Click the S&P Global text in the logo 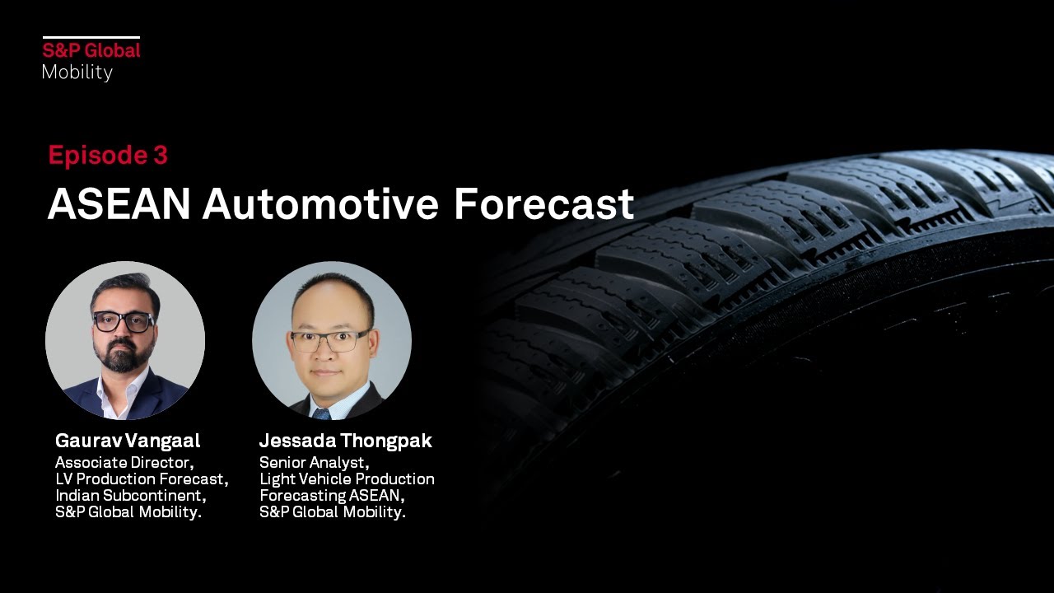91,50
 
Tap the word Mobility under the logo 77,72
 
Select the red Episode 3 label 108,155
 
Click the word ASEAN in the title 119,204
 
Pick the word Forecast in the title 543,204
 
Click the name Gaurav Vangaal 128,441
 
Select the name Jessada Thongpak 345,441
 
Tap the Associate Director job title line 124,462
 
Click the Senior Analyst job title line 314,462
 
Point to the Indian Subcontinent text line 130,495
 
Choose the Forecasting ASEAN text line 332,495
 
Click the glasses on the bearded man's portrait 124,322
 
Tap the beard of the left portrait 124,356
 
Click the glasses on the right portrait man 329,339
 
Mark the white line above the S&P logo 91,37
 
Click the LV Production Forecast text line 142,479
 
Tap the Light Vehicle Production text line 347,479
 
